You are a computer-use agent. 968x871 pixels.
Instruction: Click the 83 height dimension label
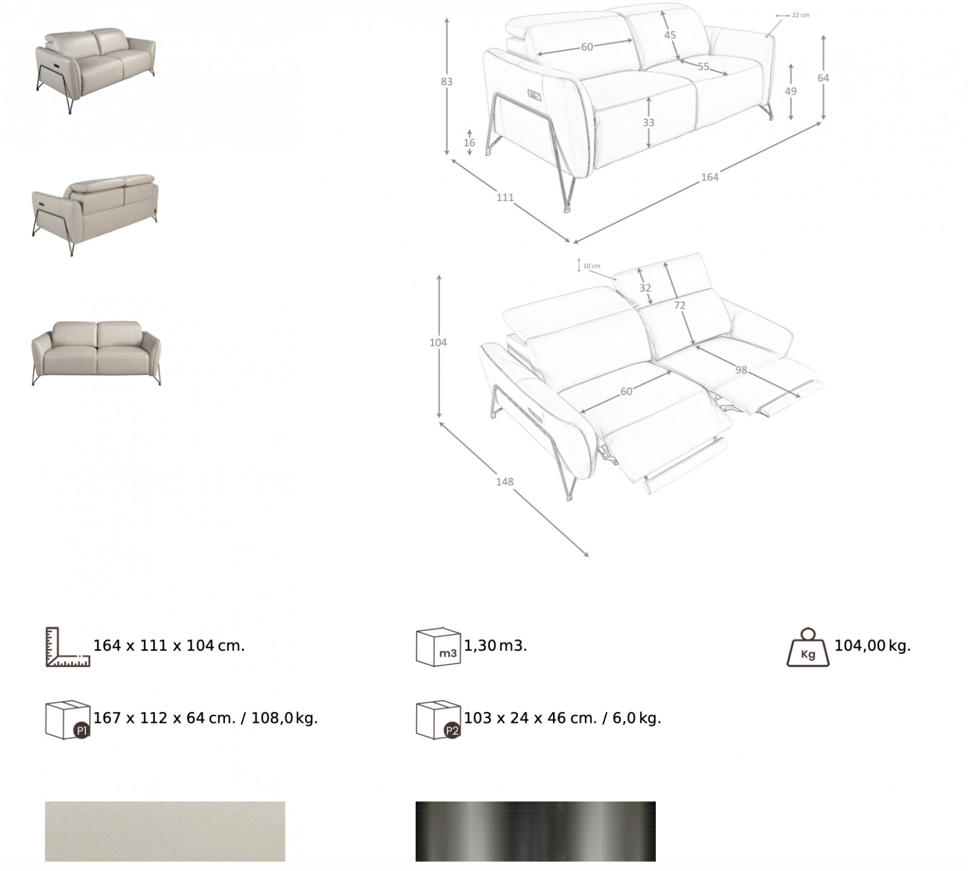(446, 81)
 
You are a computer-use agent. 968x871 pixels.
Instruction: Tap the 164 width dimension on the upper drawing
(710, 177)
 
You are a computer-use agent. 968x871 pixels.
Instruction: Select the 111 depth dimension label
(505, 197)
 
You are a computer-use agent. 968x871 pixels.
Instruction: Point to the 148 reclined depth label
(505, 481)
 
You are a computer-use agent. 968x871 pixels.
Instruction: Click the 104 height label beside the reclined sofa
(438, 342)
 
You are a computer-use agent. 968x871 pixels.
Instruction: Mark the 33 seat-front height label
(649, 122)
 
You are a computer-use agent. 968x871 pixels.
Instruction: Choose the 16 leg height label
(469, 143)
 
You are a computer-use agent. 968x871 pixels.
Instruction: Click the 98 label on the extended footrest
(741, 370)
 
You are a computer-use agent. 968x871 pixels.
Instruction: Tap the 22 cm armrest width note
(800, 15)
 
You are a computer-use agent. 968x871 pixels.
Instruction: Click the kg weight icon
(808, 647)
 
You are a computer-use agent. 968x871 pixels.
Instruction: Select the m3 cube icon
(439, 647)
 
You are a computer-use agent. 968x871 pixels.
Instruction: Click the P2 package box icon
(439, 720)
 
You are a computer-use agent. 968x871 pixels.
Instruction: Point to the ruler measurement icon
(68, 647)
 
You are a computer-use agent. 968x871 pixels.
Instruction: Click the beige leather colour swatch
(165, 831)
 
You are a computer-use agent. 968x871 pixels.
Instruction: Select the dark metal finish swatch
(535, 831)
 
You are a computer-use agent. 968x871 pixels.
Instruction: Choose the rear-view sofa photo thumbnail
(95, 215)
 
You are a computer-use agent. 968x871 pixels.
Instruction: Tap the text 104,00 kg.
(872, 645)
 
